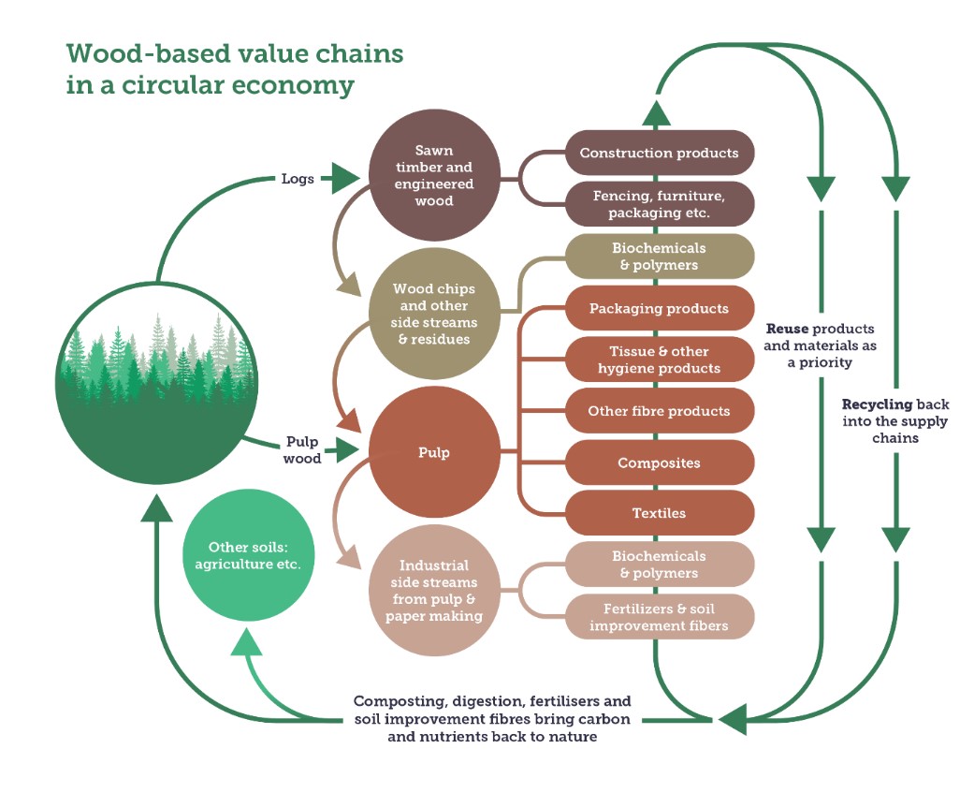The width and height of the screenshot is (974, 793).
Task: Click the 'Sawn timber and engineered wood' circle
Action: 434,175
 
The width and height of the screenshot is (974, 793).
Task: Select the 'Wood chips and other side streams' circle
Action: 434,314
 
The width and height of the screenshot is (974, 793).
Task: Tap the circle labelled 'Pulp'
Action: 434,452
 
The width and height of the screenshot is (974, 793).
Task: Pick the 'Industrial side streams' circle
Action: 434,591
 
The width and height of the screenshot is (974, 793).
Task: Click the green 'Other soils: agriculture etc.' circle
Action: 248,555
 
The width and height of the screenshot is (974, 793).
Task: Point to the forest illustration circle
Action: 156,383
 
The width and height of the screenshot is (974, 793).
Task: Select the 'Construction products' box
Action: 659,153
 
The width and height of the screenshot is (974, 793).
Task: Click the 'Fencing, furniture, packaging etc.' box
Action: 659,204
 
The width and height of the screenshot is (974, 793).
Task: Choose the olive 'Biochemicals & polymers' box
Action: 659,256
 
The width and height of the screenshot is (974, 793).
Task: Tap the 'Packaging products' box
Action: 659,308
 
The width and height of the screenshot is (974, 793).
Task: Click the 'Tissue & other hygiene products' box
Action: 659,360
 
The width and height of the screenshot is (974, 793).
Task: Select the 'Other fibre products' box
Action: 659,411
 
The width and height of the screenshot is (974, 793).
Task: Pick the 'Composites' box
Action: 659,463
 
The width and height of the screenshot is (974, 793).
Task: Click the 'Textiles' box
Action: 659,513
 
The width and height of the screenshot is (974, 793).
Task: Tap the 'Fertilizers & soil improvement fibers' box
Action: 659,617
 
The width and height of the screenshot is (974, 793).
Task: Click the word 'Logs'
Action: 298,179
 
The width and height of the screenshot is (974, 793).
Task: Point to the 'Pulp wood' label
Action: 302,450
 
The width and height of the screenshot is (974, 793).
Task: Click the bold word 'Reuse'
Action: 787,329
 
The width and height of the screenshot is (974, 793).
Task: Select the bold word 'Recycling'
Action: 877,404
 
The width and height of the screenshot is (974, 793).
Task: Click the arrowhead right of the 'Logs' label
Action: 341,179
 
